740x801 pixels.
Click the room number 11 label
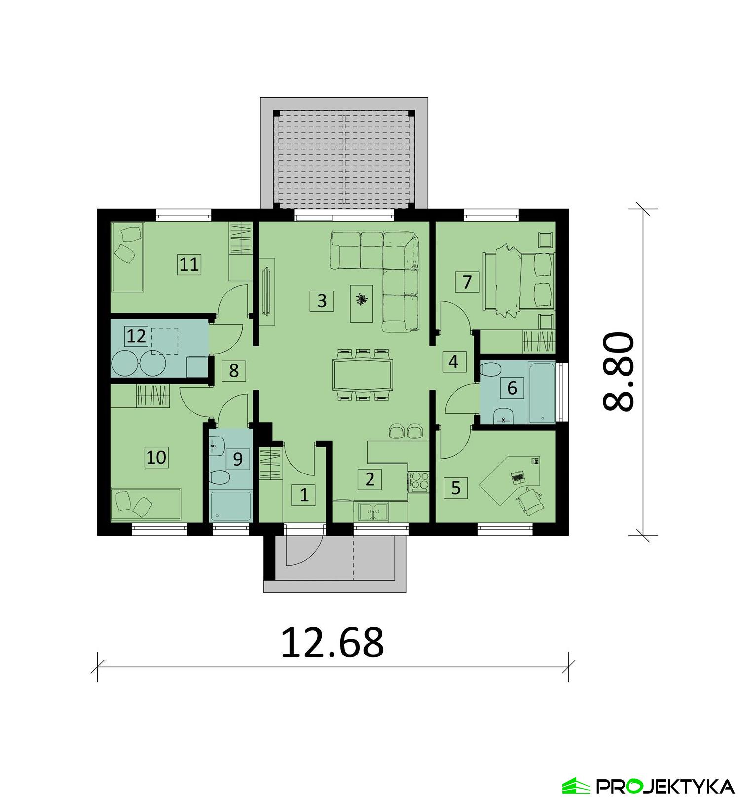tap(189, 265)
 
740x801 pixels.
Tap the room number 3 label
tap(322, 300)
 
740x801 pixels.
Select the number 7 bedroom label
tap(467, 282)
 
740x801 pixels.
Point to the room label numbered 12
tap(136, 336)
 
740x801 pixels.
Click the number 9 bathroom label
tap(237, 459)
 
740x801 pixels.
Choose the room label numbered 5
tap(455, 488)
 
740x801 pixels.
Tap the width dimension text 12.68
tap(332, 643)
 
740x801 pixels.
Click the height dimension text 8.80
tap(618, 371)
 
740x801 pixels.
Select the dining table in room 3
tap(363, 374)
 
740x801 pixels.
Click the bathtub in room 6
tap(541, 392)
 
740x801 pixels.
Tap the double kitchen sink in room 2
tap(373, 511)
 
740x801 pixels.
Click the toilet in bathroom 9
tap(218, 478)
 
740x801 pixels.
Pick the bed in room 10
tap(146, 504)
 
